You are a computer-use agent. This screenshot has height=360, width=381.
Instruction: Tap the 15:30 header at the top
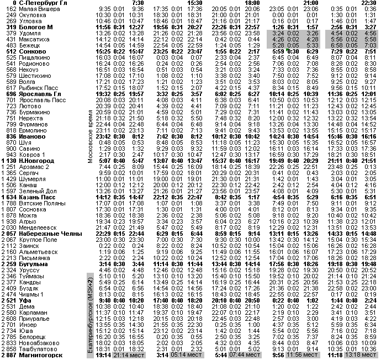(x=195, y=3)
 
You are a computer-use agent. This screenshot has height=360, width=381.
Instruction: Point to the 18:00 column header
(x=252, y=3)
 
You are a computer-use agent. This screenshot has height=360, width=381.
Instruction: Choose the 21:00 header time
(x=310, y=3)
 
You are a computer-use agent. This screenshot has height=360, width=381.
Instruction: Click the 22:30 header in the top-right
(x=368, y=3)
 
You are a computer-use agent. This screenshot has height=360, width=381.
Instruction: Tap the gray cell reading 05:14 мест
(x=187, y=356)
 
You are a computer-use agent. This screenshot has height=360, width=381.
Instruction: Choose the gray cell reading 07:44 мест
(x=245, y=356)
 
